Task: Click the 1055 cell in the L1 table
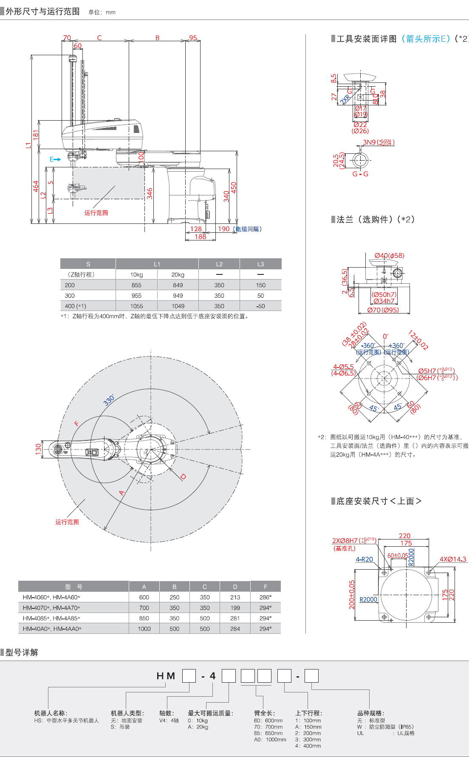(136, 306)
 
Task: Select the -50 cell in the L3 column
(260, 306)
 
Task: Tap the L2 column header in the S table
(219, 264)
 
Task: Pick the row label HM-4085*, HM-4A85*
(51, 618)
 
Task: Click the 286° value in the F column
(265, 597)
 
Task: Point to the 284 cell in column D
(235, 629)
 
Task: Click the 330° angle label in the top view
(109, 400)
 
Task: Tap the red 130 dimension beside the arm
(38, 449)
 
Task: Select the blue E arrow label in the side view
(55, 159)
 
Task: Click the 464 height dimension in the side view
(36, 186)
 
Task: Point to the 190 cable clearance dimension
(223, 229)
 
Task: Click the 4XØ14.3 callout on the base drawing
(452, 559)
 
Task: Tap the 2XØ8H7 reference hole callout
(354, 541)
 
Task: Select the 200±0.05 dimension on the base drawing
(352, 595)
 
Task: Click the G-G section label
(360, 174)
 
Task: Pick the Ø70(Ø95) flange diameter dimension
(383, 310)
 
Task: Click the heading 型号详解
(22, 652)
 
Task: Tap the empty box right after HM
(189, 676)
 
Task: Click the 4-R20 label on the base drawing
(364, 559)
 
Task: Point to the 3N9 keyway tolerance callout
(378, 142)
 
